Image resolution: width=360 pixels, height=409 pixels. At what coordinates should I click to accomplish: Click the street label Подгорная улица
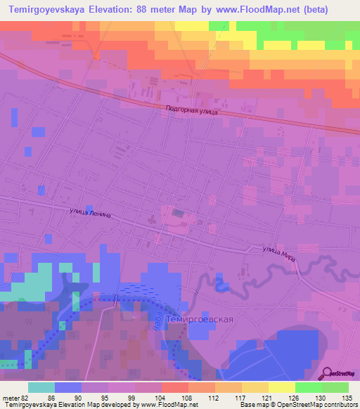point(191,110)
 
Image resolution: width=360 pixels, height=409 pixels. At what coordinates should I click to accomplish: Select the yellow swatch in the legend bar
point(281,387)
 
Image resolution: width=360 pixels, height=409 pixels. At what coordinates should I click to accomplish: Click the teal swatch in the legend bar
point(41,387)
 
